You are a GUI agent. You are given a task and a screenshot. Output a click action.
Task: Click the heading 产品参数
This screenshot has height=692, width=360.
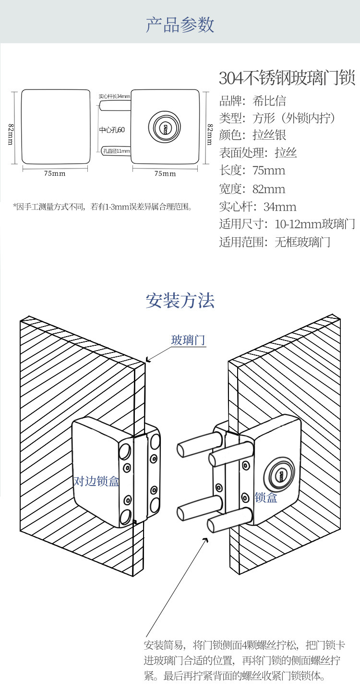point(180,25)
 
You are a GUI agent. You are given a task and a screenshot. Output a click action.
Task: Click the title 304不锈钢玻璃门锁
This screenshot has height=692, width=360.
point(287,78)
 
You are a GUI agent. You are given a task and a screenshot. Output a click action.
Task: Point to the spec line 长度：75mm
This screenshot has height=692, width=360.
point(252,170)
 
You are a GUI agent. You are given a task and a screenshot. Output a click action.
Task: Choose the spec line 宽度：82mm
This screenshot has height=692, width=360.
point(252,189)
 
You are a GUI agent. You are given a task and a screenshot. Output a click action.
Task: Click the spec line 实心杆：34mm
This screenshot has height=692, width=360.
point(258,207)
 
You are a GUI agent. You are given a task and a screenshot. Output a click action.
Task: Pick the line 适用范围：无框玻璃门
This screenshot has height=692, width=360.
point(275,242)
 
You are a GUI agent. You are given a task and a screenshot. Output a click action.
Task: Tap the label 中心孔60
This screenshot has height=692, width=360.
point(112,130)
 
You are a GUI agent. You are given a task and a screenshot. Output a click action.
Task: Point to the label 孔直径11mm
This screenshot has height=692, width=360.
point(116,151)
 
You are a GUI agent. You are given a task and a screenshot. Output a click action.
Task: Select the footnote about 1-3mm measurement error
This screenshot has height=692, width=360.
point(103,207)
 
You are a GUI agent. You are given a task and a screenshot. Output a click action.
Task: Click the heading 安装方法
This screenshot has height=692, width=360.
point(180,301)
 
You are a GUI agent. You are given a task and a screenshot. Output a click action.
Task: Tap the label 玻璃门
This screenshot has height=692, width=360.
point(188,340)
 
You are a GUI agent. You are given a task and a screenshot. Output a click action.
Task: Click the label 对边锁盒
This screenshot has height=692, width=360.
point(96,481)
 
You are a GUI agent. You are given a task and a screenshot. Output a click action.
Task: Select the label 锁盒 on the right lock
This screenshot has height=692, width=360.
point(266,498)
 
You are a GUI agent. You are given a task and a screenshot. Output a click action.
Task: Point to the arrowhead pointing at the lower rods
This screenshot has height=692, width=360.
point(206,540)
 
